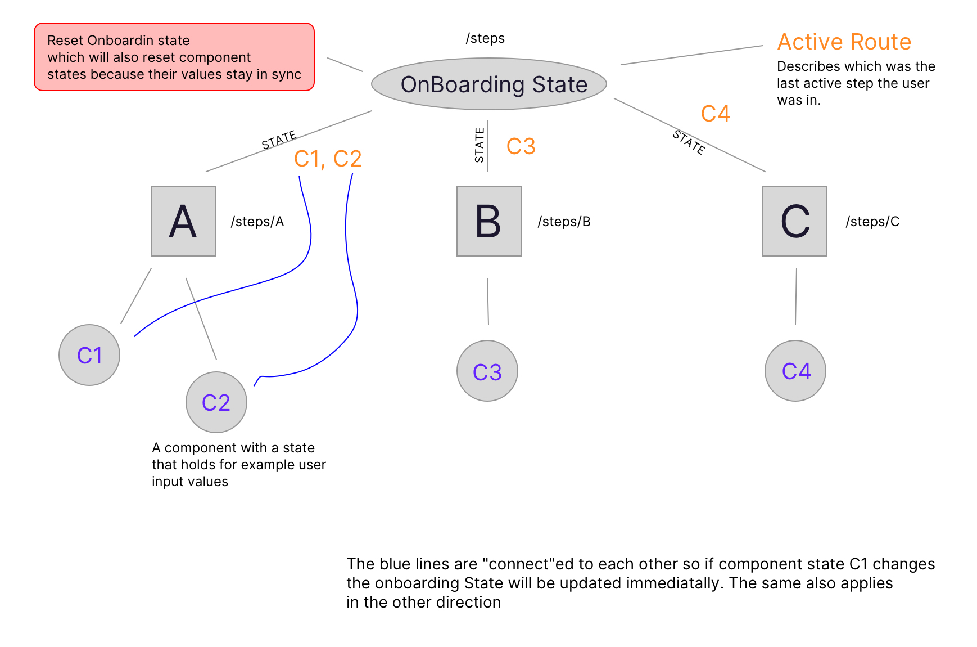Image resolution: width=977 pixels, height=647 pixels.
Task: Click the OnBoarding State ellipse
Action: (x=489, y=84)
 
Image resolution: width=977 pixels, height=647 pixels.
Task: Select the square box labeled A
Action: (x=183, y=221)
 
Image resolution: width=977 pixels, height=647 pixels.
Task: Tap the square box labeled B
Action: (x=489, y=221)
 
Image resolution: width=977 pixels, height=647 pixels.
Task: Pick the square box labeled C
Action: (x=795, y=221)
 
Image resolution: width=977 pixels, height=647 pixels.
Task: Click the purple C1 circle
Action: (x=89, y=355)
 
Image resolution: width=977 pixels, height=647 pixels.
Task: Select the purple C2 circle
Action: (x=216, y=402)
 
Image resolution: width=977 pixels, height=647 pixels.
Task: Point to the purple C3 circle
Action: (x=487, y=371)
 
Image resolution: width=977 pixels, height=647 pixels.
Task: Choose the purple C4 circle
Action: (x=795, y=371)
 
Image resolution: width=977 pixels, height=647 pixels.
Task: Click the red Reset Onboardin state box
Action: (x=174, y=57)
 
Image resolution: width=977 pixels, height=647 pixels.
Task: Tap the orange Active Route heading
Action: (x=844, y=42)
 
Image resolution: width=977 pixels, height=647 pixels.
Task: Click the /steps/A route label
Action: (x=257, y=222)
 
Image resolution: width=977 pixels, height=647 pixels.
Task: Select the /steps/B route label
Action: (x=564, y=222)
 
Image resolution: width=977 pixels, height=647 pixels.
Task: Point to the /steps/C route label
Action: (x=872, y=222)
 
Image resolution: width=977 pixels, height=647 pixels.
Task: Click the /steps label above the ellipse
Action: (x=485, y=38)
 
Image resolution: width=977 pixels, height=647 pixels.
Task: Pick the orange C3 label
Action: (x=521, y=146)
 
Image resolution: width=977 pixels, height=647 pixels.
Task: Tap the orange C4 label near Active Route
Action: (x=715, y=114)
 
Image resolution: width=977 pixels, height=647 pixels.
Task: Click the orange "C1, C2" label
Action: (x=328, y=159)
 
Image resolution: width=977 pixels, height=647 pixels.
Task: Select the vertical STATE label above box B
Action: (x=480, y=145)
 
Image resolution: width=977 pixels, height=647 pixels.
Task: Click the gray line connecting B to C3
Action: (x=488, y=301)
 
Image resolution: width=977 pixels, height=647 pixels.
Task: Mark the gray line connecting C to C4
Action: (x=796, y=296)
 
